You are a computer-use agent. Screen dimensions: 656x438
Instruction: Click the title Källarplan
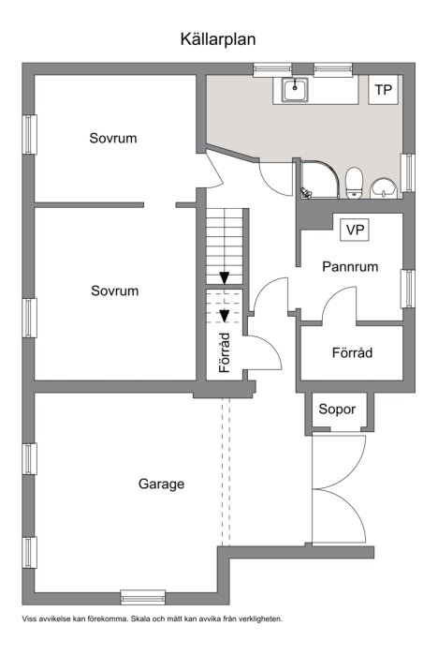218,39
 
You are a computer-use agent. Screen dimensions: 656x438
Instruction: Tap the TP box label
382,90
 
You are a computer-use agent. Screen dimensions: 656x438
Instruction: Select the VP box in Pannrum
355,230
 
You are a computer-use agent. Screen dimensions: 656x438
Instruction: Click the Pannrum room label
350,266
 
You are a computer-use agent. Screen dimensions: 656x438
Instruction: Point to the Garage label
161,485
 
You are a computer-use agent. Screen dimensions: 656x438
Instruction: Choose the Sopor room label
337,410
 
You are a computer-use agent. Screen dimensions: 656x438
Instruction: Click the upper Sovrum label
113,138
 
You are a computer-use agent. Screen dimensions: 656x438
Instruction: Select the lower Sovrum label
114,291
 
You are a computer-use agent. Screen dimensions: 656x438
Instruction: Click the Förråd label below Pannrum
353,353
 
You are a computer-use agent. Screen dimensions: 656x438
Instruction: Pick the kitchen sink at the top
296,89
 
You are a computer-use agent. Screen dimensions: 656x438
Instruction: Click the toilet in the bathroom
354,183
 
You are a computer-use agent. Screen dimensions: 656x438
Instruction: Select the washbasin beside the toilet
384,187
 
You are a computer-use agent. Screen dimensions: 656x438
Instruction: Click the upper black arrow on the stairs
225,277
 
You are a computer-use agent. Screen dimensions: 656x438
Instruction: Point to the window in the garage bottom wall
143,596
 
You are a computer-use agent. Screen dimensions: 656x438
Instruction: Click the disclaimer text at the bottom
152,619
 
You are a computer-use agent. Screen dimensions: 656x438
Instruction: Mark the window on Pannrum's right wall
407,289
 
